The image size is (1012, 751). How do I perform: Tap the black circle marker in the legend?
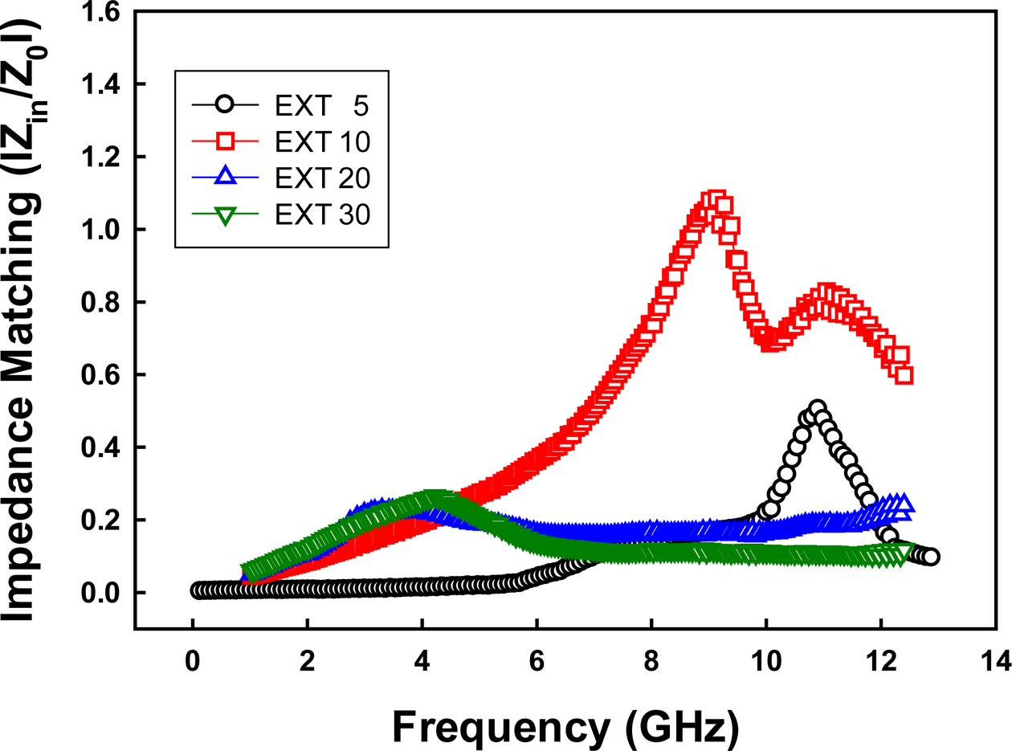[x=225, y=105]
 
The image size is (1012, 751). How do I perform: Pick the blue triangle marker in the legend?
[x=225, y=178]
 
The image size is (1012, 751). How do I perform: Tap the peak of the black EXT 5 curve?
[x=817, y=409]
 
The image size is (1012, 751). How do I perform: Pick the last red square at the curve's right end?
[x=904, y=375]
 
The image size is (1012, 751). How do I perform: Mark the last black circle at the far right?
[x=931, y=557]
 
